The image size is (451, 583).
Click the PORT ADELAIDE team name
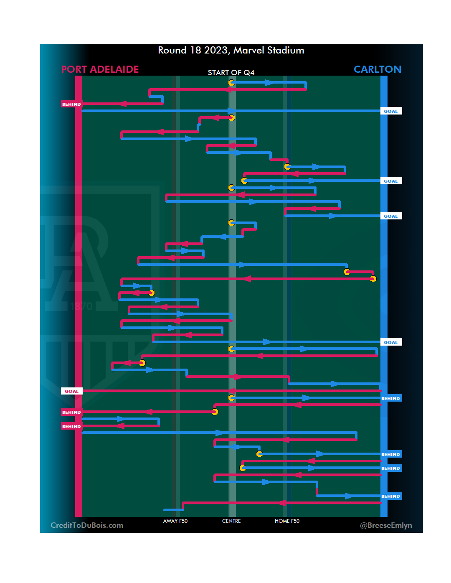tap(100, 69)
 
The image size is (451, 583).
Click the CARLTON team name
tap(377, 69)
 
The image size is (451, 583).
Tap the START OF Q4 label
tap(231, 73)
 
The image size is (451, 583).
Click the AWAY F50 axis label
tap(175, 521)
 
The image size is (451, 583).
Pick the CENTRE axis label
tap(231, 521)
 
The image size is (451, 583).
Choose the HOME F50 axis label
tap(287, 521)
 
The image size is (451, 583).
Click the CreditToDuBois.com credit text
tap(87, 525)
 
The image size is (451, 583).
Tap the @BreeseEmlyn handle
tap(386, 525)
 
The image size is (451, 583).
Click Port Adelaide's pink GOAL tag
tap(71, 391)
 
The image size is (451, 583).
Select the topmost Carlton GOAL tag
tap(391, 111)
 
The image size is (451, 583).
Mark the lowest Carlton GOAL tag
tap(391, 342)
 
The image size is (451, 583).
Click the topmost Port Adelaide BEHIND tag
tap(71, 104)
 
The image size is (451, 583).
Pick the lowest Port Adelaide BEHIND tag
tap(71, 426)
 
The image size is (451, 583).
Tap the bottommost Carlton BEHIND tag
tap(391, 496)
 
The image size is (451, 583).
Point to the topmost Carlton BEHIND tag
tap(391, 398)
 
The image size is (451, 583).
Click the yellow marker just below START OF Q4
tap(231, 83)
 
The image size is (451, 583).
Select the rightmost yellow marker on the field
tap(373, 279)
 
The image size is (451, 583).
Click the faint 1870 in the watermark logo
tap(81, 306)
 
